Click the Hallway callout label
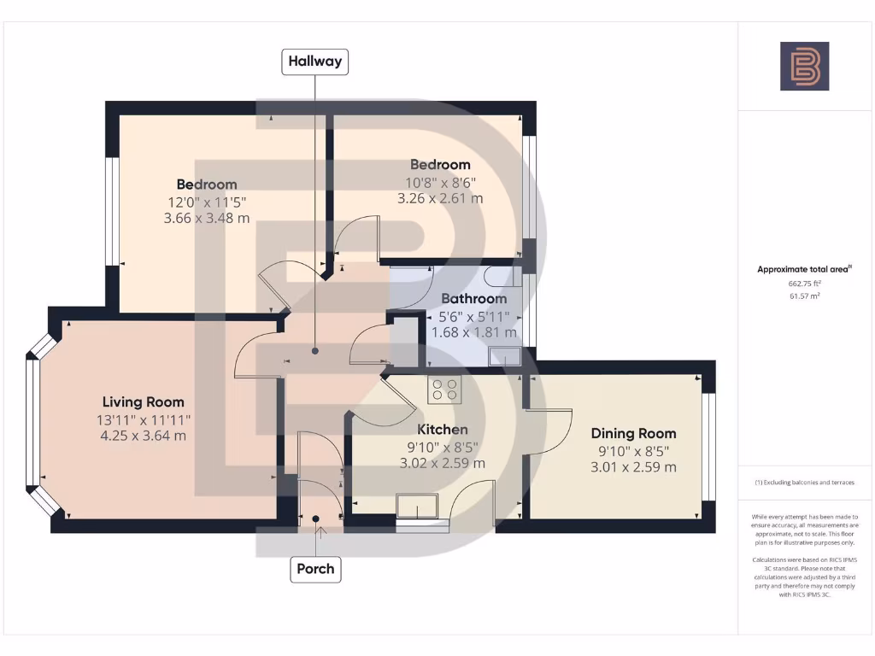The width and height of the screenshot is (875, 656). [315, 61]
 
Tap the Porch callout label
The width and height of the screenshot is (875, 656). [315, 569]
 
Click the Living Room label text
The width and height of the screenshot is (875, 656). [143, 402]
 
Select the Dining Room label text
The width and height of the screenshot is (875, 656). [633, 434]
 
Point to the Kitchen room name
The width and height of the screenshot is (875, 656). [442, 430]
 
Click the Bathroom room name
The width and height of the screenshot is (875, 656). [473, 299]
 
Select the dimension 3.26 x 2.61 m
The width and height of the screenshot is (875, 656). [440, 198]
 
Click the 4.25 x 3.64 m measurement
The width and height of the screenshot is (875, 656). [143, 436]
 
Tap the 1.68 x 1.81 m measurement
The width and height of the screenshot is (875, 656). [473, 332]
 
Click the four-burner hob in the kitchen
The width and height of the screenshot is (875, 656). [443, 389]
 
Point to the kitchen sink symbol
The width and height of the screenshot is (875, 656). [418, 507]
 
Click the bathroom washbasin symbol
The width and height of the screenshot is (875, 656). [504, 356]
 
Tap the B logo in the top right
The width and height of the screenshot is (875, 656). [804, 67]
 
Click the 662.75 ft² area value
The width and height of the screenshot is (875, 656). [804, 283]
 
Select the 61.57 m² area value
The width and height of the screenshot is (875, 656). [804, 296]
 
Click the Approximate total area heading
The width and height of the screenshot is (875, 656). [804, 269]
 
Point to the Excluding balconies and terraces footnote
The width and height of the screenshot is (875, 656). [804, 483]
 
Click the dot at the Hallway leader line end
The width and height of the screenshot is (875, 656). [315, 351]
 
